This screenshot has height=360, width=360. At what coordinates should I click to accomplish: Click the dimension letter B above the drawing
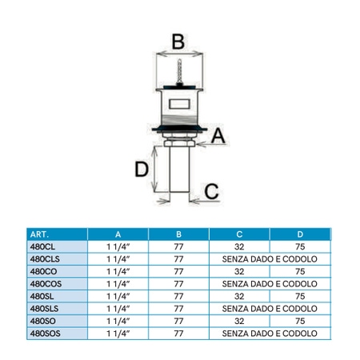coord(178,42)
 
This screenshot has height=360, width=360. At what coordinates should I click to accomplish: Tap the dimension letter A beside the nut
coord(218,136)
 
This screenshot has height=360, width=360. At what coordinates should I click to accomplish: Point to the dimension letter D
coord(142,169)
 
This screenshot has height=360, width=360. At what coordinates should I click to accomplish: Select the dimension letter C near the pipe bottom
coord(211,191)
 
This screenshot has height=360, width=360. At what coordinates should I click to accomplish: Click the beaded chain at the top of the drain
coord(180,71)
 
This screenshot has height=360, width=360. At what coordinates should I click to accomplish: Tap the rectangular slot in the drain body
coord(179,104)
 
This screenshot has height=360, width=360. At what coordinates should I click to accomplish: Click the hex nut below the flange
coord(179,143)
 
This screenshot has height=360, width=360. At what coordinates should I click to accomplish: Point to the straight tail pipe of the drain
coord(179,170)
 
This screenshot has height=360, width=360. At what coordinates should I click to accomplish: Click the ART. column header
coord(39,234)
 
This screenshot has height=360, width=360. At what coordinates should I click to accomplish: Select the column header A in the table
coord(118,234)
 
